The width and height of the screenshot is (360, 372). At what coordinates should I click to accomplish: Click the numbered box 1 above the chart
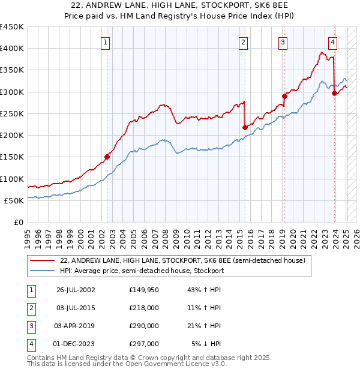tap(105, 42)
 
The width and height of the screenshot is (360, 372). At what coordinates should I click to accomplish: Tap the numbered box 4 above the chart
tap(332, 42)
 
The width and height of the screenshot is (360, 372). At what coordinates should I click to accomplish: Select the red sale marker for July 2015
tap(245, 127)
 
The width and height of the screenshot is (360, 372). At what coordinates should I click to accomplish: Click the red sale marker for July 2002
tap(107, 157)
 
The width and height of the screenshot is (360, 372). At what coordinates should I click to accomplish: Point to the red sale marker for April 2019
tap(285, 96)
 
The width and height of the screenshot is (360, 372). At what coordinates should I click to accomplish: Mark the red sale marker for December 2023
tap(334, 93)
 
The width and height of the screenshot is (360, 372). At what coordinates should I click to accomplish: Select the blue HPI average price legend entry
tap(142, 271)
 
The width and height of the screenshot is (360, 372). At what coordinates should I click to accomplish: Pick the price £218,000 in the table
tap(144, 308)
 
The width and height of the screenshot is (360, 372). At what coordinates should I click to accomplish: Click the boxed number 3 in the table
tap(31, 326)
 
